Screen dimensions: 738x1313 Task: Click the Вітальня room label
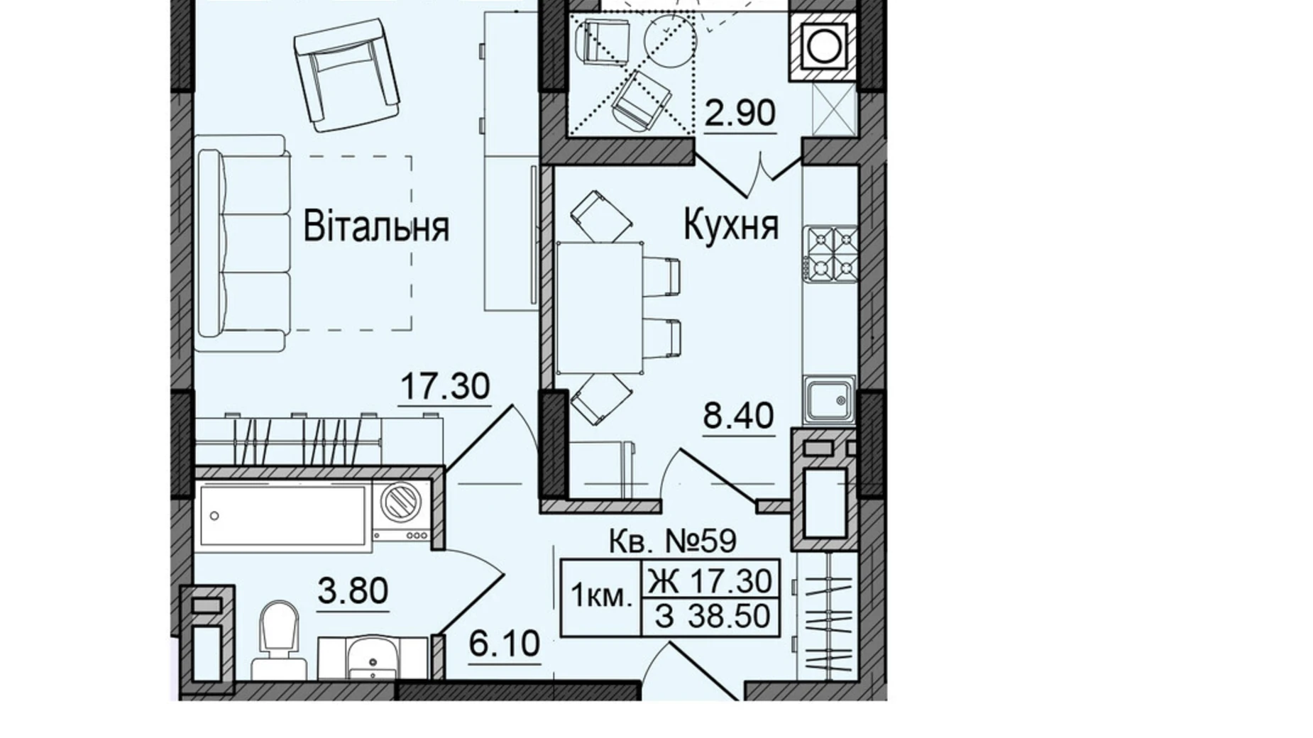pos(376,227)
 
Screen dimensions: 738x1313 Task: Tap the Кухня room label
pos(730,225)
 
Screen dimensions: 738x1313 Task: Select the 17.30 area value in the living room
pos(445,387)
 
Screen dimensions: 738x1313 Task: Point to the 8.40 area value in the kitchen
pos(738,415)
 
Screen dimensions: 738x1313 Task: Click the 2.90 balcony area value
pos(740,114)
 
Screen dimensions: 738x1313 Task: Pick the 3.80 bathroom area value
pos(353,591)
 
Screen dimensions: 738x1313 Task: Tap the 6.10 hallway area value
pos(505,644)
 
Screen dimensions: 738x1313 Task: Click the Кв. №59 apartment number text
pos(673,542)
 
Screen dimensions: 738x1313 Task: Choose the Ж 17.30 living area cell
pos(710,582)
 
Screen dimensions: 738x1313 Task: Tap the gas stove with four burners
pos(831,253)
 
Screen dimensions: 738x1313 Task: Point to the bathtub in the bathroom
pos(282,515)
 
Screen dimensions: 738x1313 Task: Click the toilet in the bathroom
pos(278,639)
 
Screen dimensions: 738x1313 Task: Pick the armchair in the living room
pos(346,75)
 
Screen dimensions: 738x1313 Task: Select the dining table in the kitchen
pos(599,308)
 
